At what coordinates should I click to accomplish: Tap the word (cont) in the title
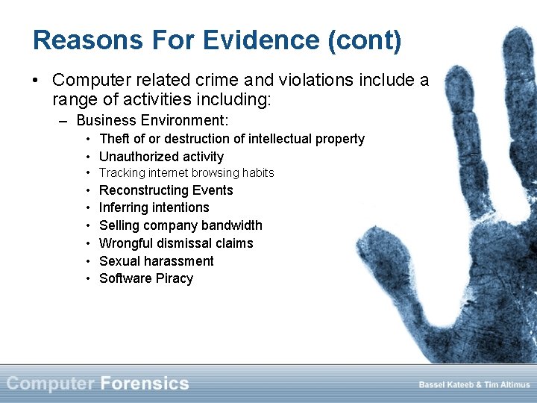coord(365,40)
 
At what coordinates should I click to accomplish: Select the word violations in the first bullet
coord(300,79)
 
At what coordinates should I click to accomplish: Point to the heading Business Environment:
coord(152,120)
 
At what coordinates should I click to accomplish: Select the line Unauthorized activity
coord(161,157)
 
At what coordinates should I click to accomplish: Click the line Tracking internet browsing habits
coord(186,173)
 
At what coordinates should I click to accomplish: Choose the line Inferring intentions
coord(154,207)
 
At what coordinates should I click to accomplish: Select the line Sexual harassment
coord(156,261)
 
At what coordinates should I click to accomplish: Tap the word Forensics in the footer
coord(145,384)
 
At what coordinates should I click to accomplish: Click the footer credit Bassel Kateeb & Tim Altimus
coord(474,385)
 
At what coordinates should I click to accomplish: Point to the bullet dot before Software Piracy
coord(88,278)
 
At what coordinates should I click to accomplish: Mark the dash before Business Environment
coord(65,120)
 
